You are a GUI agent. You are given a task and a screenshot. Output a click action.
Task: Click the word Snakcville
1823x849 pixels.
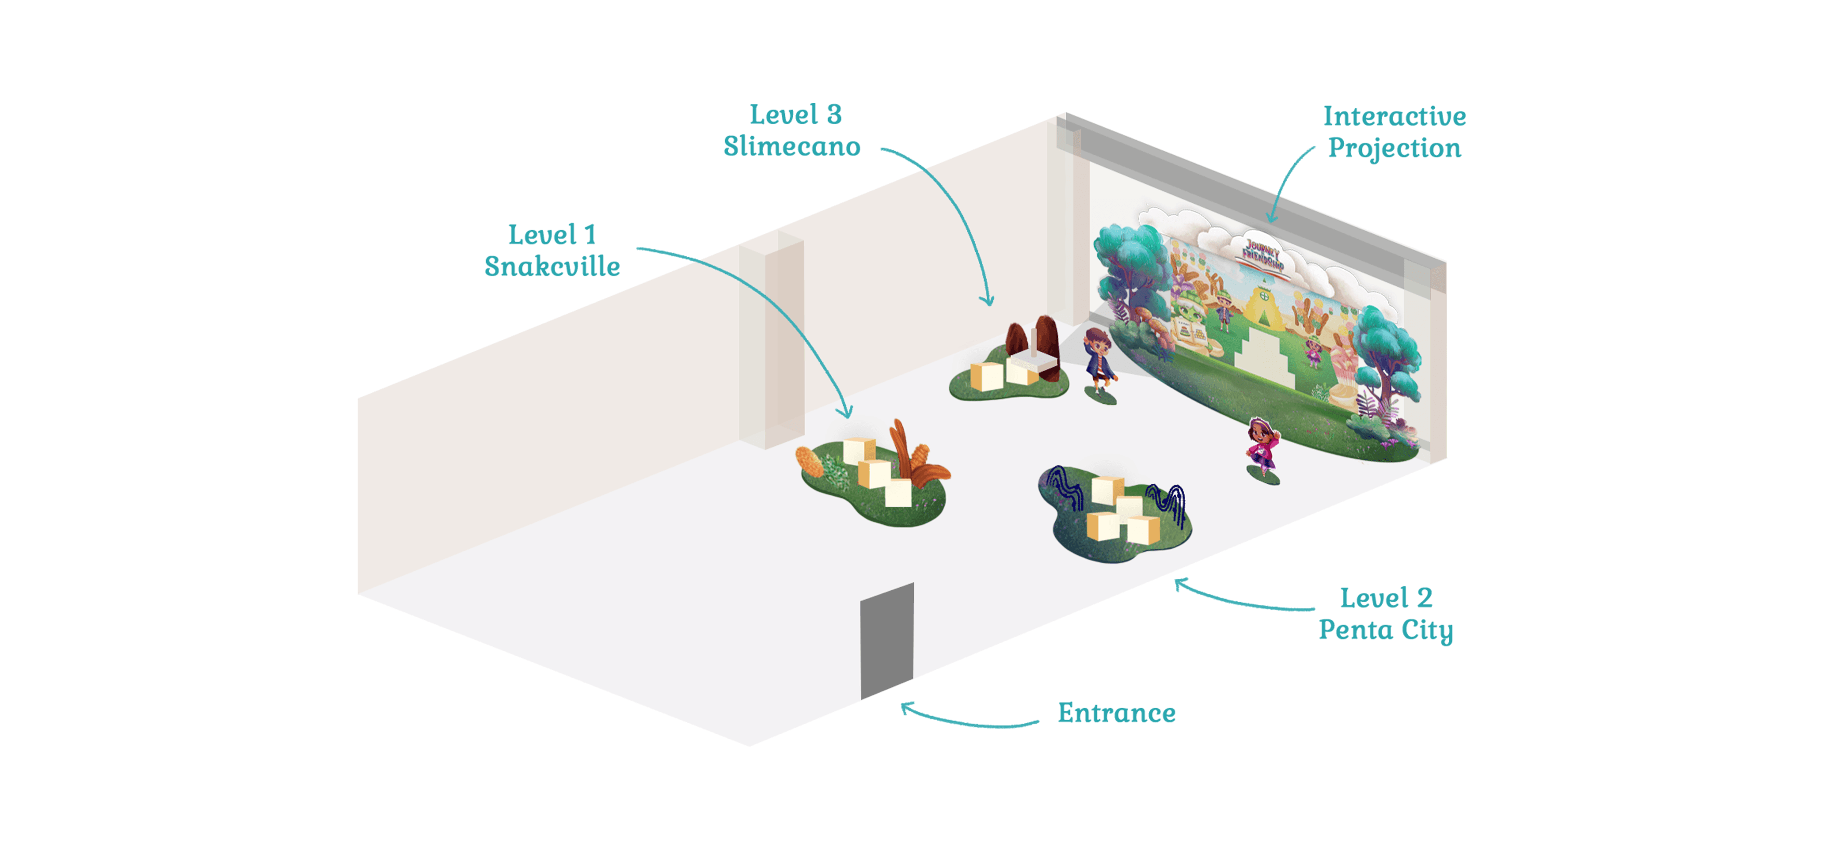click(x=552, y=267)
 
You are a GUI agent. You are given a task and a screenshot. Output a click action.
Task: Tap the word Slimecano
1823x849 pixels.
click(x=791, y=147)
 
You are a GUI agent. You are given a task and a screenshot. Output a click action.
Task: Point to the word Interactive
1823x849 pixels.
click(x=1394, y=116)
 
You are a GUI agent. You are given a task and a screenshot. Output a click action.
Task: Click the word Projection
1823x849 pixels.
click(x=1394, y=148)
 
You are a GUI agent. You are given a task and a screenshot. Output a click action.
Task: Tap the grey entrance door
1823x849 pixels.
click(x=887, y=641)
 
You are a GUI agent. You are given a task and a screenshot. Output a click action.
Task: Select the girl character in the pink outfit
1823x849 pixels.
click(x=1262, y=446)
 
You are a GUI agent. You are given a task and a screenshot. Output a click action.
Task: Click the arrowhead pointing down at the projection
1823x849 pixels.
click(x=1271, y=218)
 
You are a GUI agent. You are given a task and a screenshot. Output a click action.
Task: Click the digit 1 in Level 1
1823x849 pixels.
click(x=589, y=235)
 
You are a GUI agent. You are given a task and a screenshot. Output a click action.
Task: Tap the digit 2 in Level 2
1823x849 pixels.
click(x=1424, y=599)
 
